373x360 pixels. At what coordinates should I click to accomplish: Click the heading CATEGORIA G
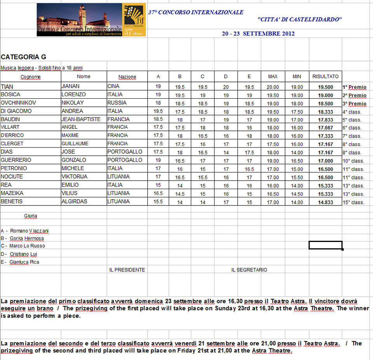click(x=23, y=57)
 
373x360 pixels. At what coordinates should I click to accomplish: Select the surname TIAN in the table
click(x=7, y=87)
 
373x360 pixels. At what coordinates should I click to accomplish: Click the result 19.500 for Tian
click(x=325, y=87)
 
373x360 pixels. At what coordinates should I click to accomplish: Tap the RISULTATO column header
click(x=325, y=77)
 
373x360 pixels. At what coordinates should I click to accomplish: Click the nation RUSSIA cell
click(x=117, y=103)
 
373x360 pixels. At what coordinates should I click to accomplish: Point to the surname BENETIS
click(x=12, y=202)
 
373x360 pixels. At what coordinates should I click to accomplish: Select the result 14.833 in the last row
click(x=325, y=202)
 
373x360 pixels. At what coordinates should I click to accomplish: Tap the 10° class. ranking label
click(x=353, y=161)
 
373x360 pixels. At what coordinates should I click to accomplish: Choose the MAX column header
click(x=273, y=77)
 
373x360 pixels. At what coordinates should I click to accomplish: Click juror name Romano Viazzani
click(x=25, y=231)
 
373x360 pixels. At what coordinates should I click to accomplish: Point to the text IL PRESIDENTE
click(x=127, y=270)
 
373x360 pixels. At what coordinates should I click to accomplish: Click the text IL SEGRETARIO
click(x=249, y=270)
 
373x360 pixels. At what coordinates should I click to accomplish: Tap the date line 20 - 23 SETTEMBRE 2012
click(x=258, y=34)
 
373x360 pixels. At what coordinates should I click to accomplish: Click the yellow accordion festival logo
click(x=134, y=20)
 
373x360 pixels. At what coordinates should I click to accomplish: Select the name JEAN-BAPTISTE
click(x=81, y=119)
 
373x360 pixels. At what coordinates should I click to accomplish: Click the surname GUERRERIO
click(x=16, y=160)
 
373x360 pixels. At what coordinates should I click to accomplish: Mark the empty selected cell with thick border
click(x=325, y=245)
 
